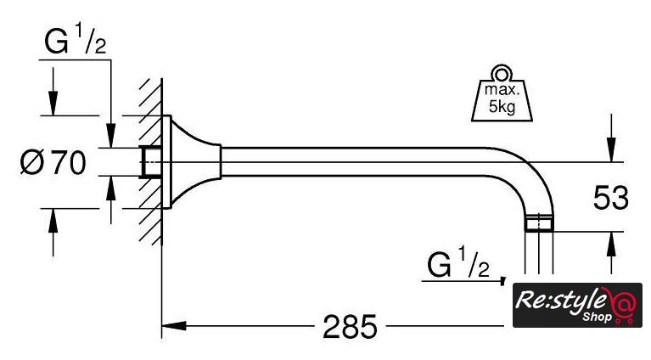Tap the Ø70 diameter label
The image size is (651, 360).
pos(53,162)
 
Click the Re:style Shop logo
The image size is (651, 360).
pos(577,305)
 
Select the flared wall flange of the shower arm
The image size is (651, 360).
pos(191,161)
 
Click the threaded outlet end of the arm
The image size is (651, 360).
pos(539,224)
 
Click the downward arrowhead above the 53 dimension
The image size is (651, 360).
pos(609,153)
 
